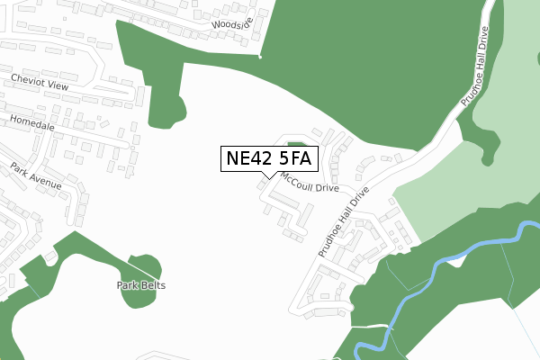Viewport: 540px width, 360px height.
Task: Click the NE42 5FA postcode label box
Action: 269,158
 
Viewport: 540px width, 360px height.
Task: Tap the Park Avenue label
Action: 36,175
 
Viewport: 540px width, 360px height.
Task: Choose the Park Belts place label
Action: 140,285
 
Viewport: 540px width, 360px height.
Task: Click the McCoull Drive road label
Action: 310,184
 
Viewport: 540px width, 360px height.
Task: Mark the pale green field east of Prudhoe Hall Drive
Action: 450,193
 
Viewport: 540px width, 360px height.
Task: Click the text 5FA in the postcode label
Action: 292,158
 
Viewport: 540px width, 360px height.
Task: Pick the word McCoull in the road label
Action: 299,180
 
